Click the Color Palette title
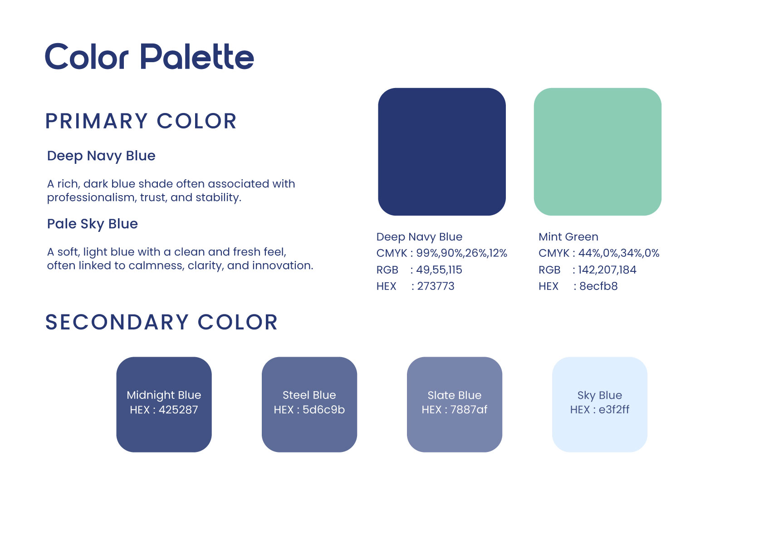coord(149,56)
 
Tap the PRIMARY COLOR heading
coord(141,121)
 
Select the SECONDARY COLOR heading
coord(162,322)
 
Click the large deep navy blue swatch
coord(442,152)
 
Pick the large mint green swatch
coord(597,152)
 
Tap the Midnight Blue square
coord(164,405)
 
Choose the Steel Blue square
coord(309,405)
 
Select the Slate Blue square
coord(455,405)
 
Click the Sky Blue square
coord(600,405)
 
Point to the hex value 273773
coord(436,286)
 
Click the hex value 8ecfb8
coord(598,286)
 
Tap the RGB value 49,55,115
coord(439,270)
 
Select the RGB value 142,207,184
coord(607,270)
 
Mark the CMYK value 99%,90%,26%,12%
coord(462,253)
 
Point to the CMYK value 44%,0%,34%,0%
coord(619,253)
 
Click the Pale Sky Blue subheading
coord(93,224)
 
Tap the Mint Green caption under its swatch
coord(568,237)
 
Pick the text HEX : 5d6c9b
coord(309,410)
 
